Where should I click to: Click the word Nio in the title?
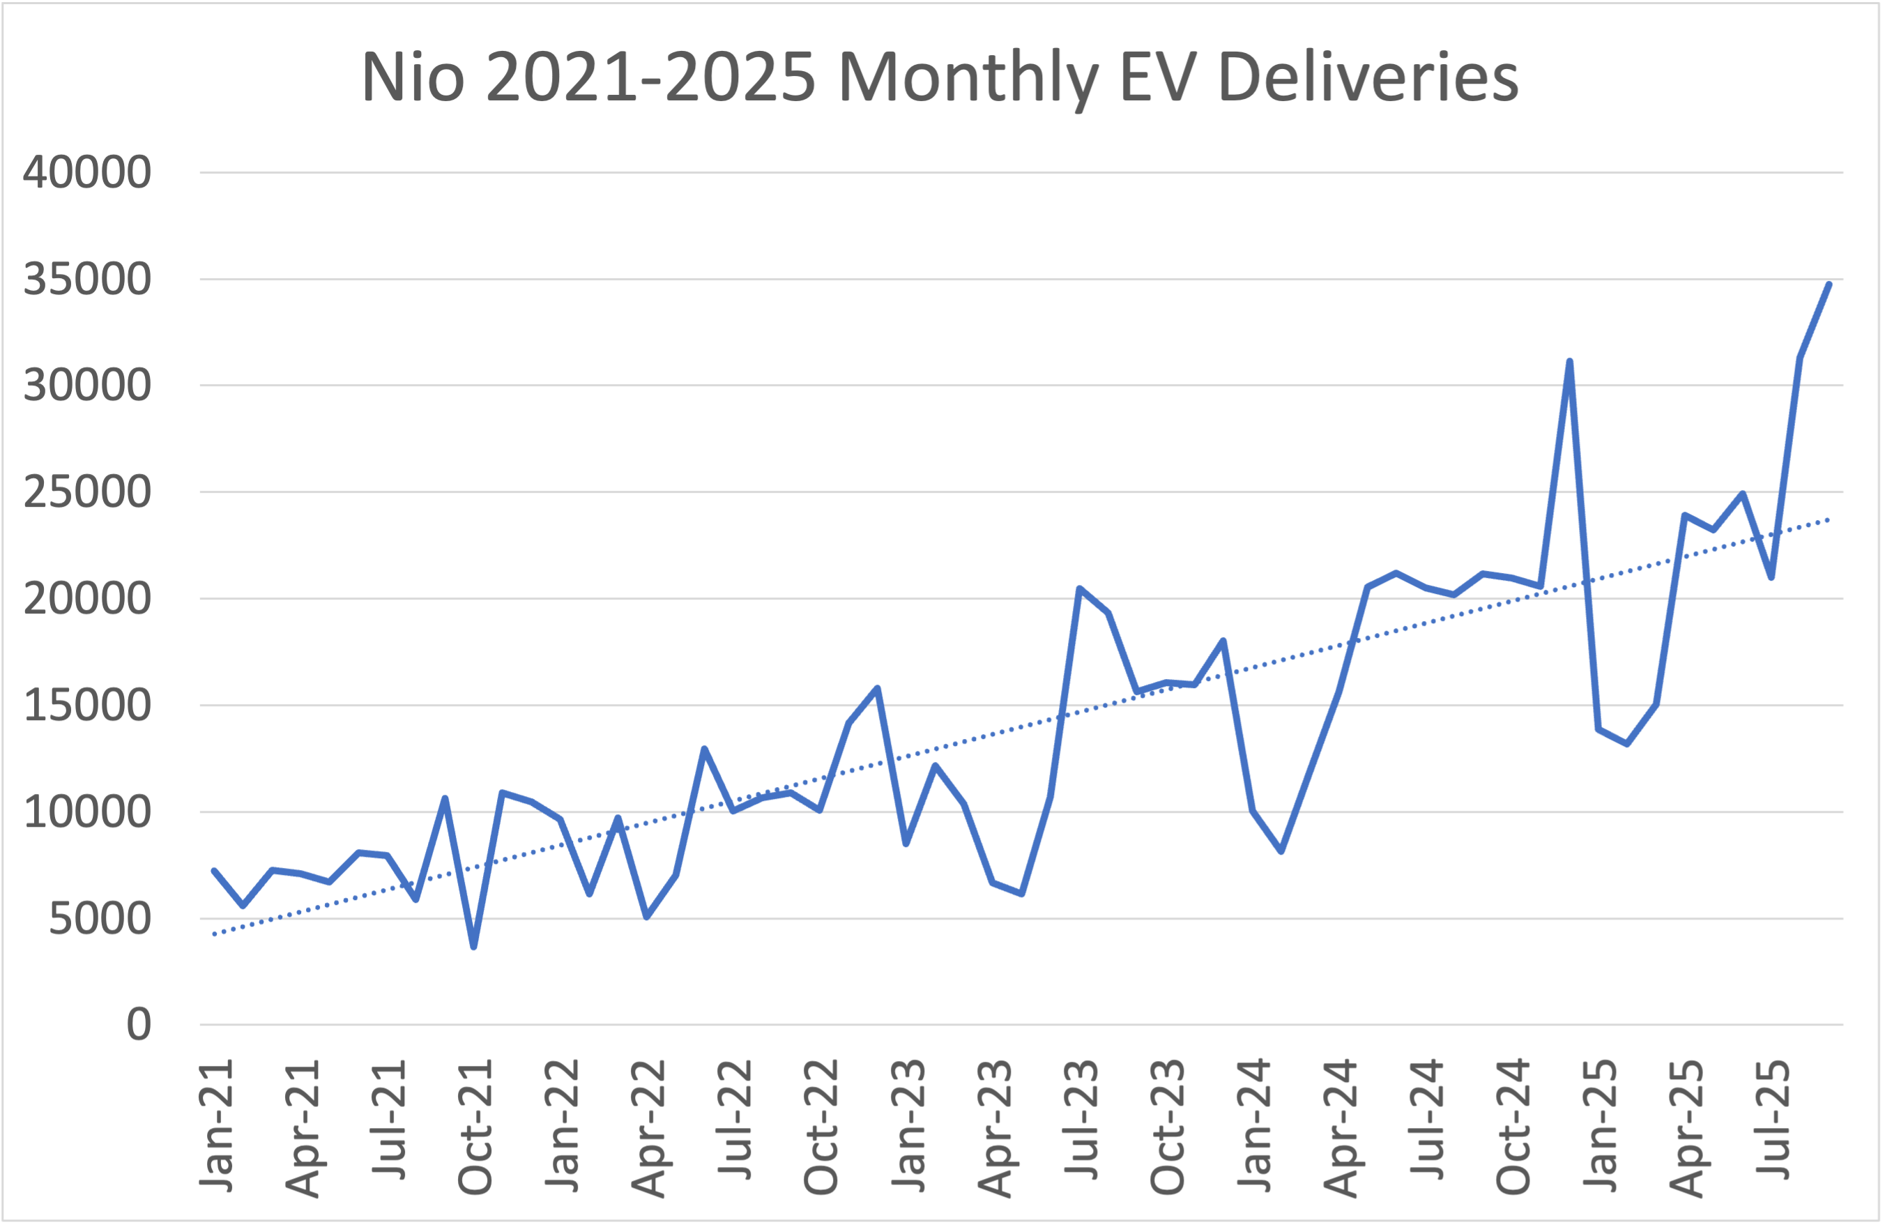click(413, 77)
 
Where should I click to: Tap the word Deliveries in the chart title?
click(1368, 77)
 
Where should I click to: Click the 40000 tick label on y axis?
click(87, 172)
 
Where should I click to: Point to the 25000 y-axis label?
click(87, 492)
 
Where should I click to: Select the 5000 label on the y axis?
click(100, 919)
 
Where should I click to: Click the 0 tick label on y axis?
click(139, 1025)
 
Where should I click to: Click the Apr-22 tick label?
click(648, 1128)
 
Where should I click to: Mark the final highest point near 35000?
click(1829, 284)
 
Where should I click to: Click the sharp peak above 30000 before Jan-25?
click(1569, 361)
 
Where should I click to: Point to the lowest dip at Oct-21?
click(473, 947)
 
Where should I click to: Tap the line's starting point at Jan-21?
click(215, 871)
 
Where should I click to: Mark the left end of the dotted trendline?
click(215, 935)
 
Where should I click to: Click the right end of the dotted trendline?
click(1829, 519)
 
